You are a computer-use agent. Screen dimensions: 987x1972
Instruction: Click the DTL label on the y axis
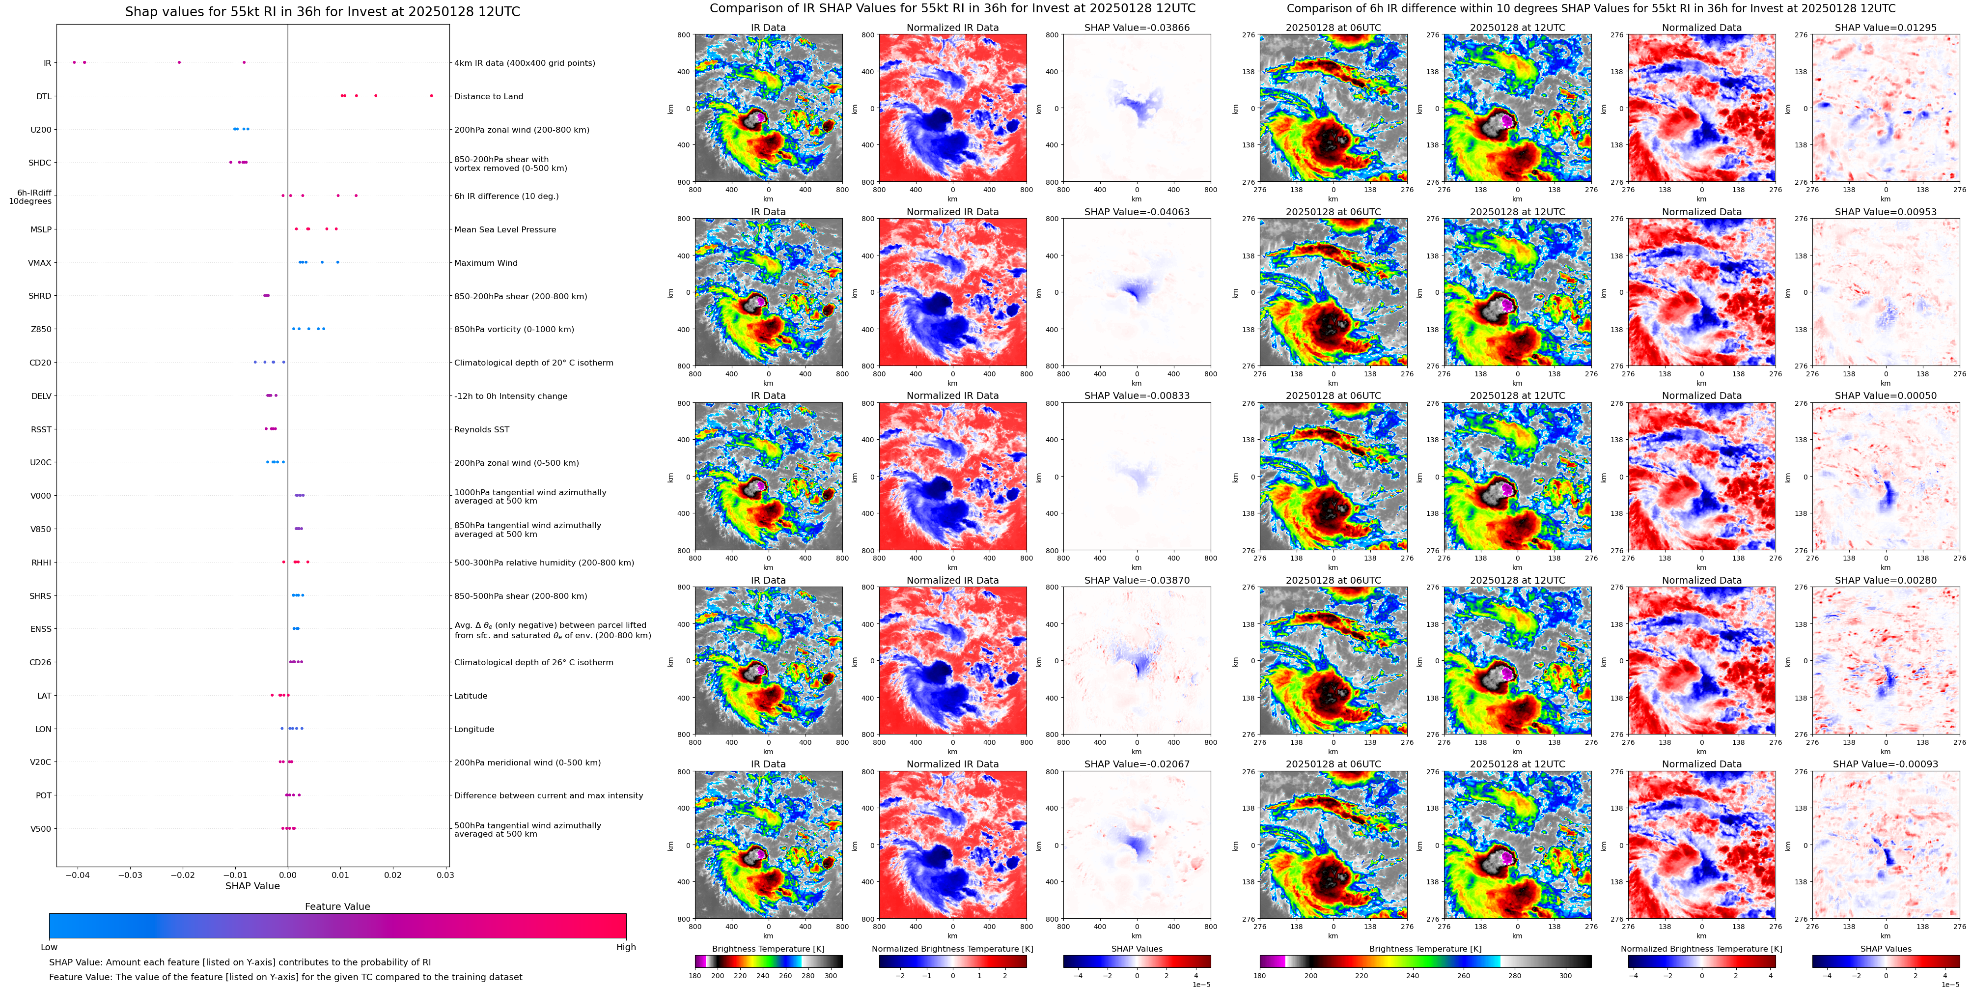click(44, 96)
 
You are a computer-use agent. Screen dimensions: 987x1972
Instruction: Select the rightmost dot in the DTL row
click(432, 96)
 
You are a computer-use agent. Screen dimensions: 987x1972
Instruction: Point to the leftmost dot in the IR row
click(74, 62)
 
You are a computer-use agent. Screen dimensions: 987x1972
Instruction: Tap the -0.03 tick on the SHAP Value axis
click(130, 874)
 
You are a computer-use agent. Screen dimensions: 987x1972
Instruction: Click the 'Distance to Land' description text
click(488, 96)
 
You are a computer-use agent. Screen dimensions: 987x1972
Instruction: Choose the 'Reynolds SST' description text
click(481, 429)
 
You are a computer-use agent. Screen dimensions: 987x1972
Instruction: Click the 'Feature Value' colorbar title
click(337, 906)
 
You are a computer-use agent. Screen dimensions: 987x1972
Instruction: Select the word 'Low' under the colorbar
click(49, 947)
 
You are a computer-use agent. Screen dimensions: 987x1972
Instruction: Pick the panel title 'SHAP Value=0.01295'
click(1886, 28)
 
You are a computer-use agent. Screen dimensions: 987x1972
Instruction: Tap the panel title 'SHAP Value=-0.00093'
click(1886, 764)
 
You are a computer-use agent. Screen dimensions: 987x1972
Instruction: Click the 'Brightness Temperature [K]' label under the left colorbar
click(768, 949)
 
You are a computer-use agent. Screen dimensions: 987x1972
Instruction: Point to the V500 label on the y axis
click(41, 828)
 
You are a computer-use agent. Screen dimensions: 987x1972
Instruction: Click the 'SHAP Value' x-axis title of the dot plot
click(252, 886)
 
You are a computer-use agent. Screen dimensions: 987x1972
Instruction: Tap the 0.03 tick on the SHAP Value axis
click(445, 874)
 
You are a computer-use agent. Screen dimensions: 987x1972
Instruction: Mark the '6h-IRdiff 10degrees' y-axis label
click(30, 197)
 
